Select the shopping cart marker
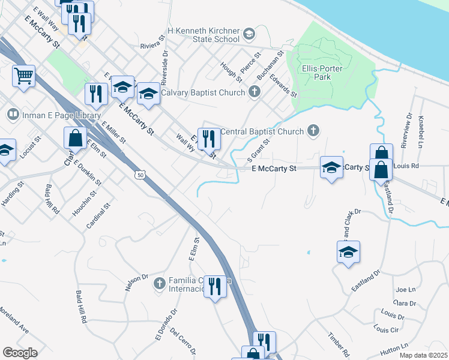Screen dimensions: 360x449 [23, 76]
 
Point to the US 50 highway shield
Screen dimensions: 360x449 [139, 175]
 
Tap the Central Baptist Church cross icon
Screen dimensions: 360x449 [313, 131]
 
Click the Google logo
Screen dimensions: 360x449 [20, 353]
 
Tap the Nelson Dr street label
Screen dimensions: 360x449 [136, 282]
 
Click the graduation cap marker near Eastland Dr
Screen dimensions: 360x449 [348, 253]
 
